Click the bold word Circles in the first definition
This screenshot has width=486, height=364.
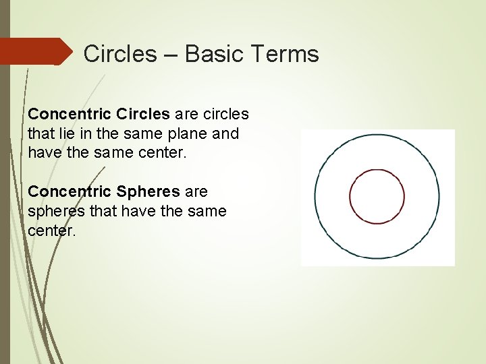coord(143,115)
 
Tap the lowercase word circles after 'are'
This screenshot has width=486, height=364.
coord(225,115)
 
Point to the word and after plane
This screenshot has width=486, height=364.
coord(225,133)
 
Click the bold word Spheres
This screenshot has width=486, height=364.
coord(146,192)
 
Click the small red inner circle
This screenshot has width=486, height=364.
coord(377,196)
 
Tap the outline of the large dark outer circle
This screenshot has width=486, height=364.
coord(315,196)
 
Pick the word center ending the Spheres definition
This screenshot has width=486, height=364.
coord(51,231)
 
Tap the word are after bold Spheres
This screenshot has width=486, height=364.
coord(194,192)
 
